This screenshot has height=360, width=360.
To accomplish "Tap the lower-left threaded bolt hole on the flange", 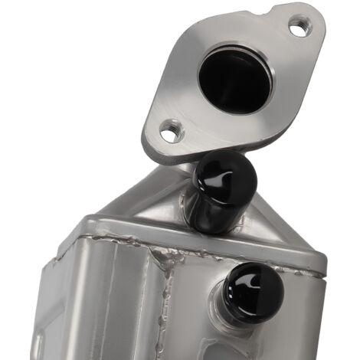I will tap(173, 131).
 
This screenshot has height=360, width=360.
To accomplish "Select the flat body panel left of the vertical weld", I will tap(115, 306).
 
